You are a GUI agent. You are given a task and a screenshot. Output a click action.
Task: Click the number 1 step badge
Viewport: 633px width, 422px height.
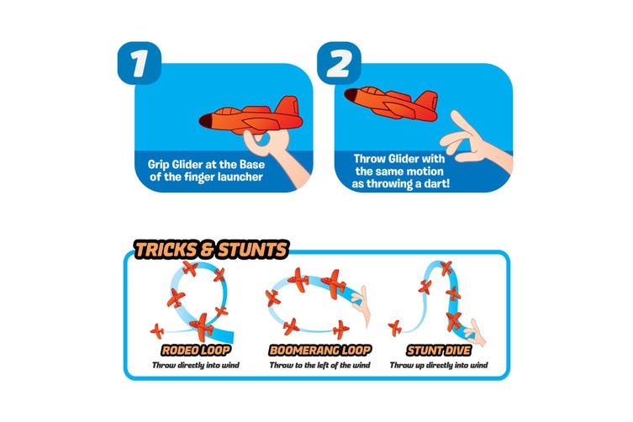click(140, 63)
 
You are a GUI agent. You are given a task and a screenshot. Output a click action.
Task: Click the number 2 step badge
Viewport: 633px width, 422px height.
click(339, 63)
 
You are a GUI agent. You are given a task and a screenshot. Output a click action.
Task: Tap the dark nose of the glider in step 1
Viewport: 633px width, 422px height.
click(207, 120)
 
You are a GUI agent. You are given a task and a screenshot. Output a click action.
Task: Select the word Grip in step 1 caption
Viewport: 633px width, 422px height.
click(159, 165)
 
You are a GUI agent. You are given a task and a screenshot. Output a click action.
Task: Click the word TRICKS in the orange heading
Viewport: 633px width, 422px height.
click(166, 250)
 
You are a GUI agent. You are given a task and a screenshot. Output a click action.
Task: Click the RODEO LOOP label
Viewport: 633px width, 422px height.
click(196, 350)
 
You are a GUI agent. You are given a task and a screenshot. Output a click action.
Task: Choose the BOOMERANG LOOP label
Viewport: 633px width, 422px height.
click(319, 350)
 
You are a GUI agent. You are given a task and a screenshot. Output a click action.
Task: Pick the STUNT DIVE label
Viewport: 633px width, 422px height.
click(439, 350)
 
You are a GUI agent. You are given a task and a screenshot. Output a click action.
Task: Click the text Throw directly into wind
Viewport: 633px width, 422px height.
click(196, 366)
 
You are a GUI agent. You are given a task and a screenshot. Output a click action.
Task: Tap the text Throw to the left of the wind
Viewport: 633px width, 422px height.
click(319, 366)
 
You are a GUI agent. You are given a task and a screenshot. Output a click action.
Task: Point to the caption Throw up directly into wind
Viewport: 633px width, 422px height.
click(439, 366)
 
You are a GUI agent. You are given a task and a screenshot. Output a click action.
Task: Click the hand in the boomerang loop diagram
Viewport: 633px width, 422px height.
click(361, 303)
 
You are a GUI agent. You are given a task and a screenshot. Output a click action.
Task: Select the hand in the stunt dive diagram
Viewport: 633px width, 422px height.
click(475, 333)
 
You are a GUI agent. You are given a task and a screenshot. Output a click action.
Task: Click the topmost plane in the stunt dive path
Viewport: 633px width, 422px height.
click(446, 267)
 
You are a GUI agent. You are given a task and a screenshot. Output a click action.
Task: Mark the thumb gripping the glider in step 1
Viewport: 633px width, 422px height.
click(254, 140)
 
